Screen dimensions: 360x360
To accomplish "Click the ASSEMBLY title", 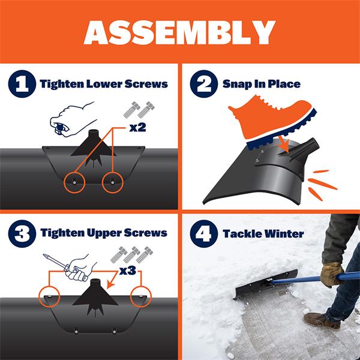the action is point(179,32).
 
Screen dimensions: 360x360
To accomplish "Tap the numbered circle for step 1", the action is point(22,84).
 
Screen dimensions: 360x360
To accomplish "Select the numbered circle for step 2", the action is point(204,84).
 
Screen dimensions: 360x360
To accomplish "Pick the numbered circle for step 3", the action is point(22,234).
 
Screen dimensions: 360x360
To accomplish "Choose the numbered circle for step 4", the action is point(204,234).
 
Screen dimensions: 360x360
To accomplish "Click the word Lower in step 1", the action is point(104,84).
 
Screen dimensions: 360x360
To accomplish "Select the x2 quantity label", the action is point(138,127).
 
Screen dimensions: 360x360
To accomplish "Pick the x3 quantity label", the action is point(128,271).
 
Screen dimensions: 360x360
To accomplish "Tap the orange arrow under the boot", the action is point(284,144).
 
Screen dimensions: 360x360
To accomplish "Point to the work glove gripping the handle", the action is point(331,274).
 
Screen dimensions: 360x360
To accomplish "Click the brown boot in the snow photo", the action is point(322,320).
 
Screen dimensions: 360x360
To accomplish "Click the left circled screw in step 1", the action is point(74,182).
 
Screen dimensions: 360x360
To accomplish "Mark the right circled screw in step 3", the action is point(141,296).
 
